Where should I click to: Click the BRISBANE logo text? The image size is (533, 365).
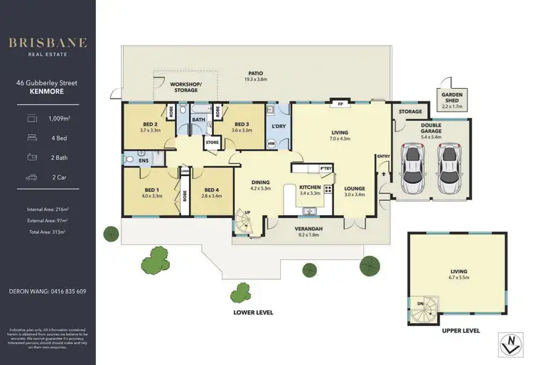pos(48,43)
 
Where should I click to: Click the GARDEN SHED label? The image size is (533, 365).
pos(452,101)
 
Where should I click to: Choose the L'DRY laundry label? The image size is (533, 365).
pos(278,126)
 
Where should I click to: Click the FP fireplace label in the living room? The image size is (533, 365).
pos(340,104)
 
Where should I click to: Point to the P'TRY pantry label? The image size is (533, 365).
pos(326,168)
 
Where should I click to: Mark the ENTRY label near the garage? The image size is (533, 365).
pos(384,156)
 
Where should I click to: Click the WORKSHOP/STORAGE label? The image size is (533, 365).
pos(185,87)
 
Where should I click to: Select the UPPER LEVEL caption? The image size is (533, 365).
pos(459,330)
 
